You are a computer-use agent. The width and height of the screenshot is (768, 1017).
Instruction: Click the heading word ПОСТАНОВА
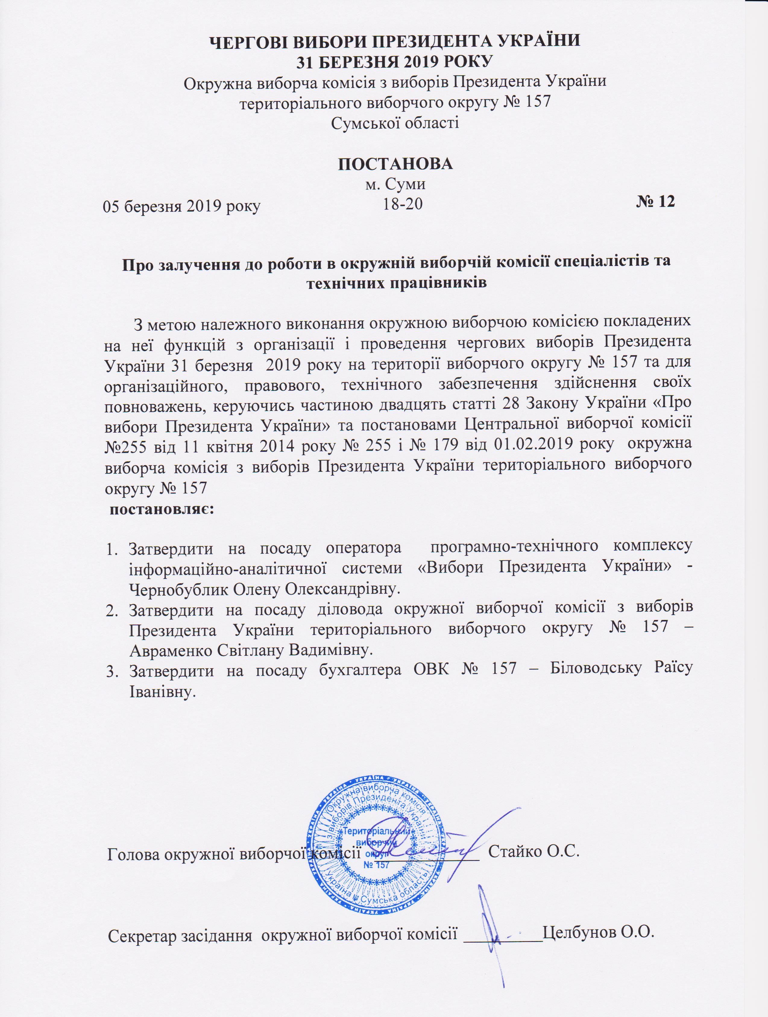[395, 164]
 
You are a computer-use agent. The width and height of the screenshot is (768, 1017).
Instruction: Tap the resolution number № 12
[655, 202]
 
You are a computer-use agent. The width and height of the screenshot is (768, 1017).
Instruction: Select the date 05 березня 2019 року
[182, 206]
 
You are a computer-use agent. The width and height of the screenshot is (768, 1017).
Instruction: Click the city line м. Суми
[395, 185]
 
